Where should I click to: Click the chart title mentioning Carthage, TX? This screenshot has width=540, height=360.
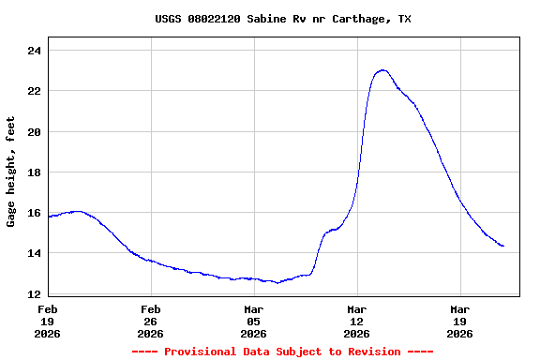click(x=282, y=19)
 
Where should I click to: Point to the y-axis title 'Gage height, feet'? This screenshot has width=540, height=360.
click(x=11, y=172)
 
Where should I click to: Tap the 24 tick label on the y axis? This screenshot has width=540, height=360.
click(x=35, y=51)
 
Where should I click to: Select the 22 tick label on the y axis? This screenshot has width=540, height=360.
click(x=35, y=91)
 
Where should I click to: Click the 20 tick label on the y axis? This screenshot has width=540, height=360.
click(x=35, y=132)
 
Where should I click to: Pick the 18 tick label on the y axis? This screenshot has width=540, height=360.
click(x=35, y=172)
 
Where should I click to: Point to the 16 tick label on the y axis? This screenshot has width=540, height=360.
click(x=35, y=213)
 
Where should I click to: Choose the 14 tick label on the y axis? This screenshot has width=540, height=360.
click(x=35, y=254)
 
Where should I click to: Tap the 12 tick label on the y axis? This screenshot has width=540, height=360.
click(x=35, y=294)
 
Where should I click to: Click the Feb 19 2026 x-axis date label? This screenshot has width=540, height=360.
click(x=48, y=321)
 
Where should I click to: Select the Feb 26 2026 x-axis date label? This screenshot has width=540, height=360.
click(x=151, y=321)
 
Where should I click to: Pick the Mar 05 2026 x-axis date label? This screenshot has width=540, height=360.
click(x=254, y=321)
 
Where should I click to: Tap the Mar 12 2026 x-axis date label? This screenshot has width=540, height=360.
click(x=357, y=321)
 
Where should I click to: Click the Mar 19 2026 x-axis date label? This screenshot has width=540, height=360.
click(x=460, y=321)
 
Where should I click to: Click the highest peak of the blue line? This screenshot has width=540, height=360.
click(x=382, y=70)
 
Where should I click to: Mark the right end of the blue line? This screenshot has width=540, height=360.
click(x=503, y=246)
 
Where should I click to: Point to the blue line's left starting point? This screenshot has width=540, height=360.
click(x=49, y=217)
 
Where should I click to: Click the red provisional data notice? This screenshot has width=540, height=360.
click(x=282, y=352)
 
